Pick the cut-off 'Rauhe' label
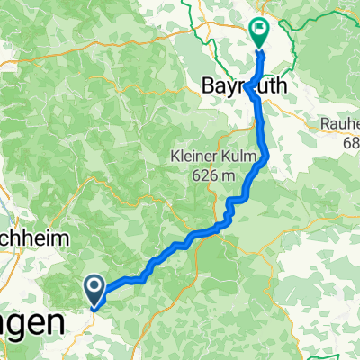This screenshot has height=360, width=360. pos(340,124)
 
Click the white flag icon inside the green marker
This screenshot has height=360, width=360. pos(258,28)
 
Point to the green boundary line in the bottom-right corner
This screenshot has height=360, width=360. pos(346,334)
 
